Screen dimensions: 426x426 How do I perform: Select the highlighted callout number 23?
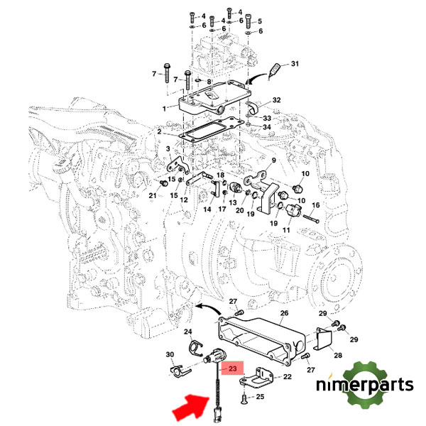tap(232, 368)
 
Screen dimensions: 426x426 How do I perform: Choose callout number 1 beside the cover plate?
tap(164, 108)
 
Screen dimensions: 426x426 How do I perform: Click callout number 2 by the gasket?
tap(160, 133)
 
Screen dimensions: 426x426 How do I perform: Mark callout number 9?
tap(272, 160)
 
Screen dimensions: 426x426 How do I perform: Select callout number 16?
tap(317, 205)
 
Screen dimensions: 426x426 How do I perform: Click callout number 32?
tap(277, 100)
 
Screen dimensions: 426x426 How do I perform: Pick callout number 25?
tap(260, 397)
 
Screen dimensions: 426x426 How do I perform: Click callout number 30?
tap(169, 355)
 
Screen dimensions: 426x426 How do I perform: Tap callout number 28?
tap(339, 355)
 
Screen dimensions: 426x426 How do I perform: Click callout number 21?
tap(152, 195)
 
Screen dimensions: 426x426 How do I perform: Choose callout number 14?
tap(207, 209)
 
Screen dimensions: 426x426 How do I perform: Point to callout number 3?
tap(167, 149)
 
